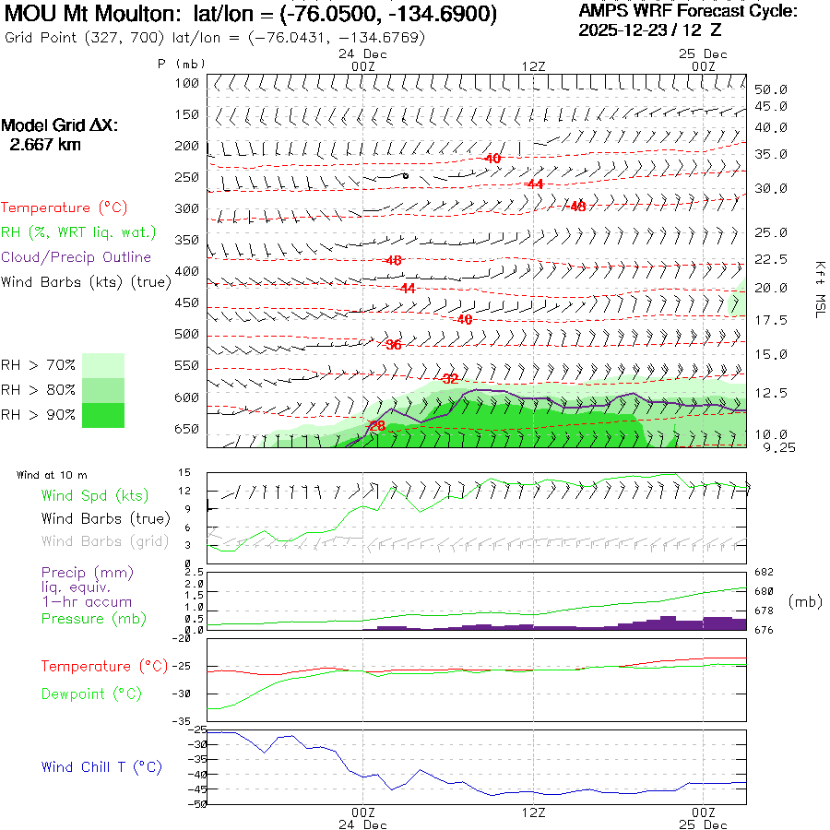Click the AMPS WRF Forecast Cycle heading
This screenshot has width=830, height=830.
688,11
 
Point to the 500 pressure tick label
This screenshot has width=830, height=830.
187,334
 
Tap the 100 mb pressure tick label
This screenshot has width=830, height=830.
187,84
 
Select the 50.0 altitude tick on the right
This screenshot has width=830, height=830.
770,90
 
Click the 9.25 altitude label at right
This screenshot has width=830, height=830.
770,447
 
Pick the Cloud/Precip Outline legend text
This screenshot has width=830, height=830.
76,257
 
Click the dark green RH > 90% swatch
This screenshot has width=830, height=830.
103,415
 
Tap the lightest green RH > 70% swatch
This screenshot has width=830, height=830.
103,365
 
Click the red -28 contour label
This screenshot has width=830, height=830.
376,425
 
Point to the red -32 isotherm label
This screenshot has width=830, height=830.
450,378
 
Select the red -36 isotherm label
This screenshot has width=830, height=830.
393,345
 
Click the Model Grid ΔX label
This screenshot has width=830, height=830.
60,125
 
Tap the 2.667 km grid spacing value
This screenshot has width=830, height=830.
44,145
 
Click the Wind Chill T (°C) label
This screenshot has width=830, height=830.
101,767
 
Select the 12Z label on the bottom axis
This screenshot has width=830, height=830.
534,812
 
